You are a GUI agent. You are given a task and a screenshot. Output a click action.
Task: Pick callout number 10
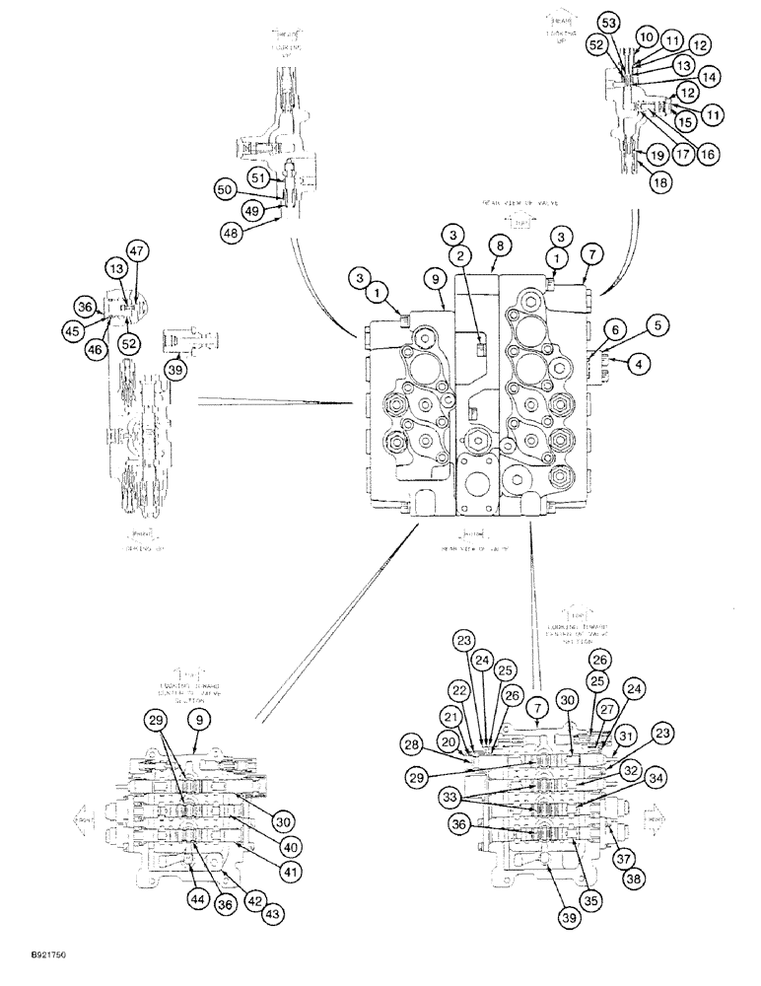[x=645, y=35]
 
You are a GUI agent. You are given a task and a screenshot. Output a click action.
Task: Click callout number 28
[x=412, y=741]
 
